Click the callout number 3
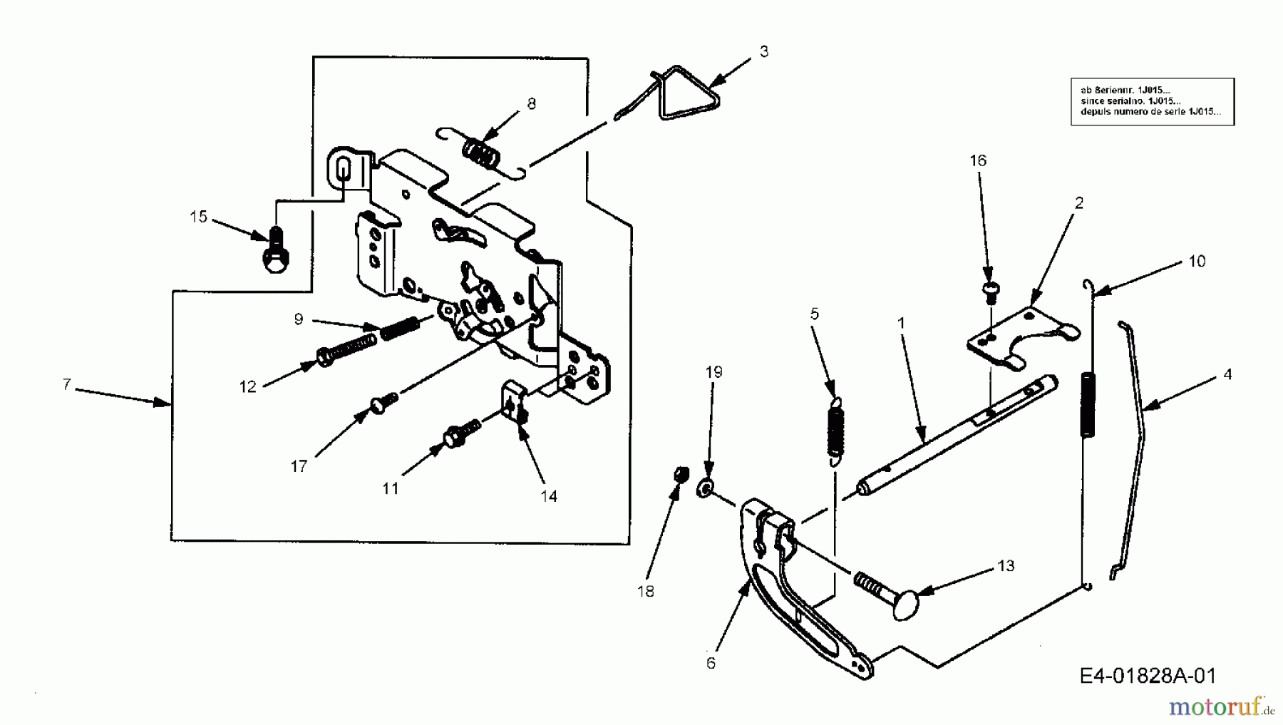[763, 51]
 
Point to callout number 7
[66, 384]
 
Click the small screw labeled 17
[382, 403]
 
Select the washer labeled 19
[705, 488]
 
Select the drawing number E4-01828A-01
[1148, 675]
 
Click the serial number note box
[1152, 102]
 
